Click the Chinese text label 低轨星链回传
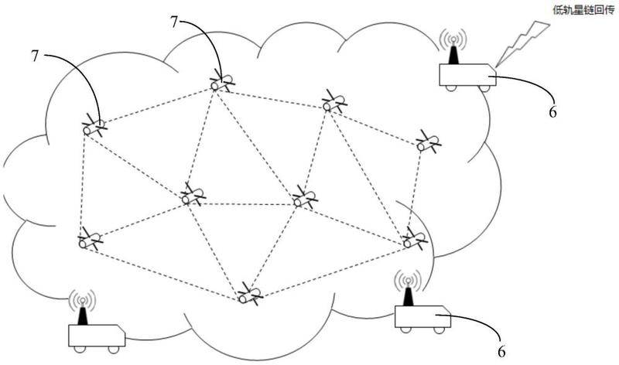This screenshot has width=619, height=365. coord(583,10)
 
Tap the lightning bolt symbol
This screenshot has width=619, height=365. coord(522,43)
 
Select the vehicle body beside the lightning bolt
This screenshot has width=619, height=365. coord(467,74)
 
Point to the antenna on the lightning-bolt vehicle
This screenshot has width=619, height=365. coord(453,53)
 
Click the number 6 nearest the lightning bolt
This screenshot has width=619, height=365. coord(552,112)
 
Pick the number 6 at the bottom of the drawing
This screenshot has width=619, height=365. coord(501,351)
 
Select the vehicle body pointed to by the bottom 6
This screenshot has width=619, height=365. coord(422,316)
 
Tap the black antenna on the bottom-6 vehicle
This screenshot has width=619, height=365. coord(409,295)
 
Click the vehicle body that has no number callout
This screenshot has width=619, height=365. coord(97,336)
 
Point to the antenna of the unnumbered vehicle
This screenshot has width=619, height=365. coord(82,315)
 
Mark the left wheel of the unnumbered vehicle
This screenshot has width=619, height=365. coord(80,350)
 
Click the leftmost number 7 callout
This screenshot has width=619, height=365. coord(35,56)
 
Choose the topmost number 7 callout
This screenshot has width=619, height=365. coord(175,22)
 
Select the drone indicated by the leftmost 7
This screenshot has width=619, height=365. coord(94,127)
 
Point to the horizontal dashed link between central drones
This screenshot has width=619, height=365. coord(245,204)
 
